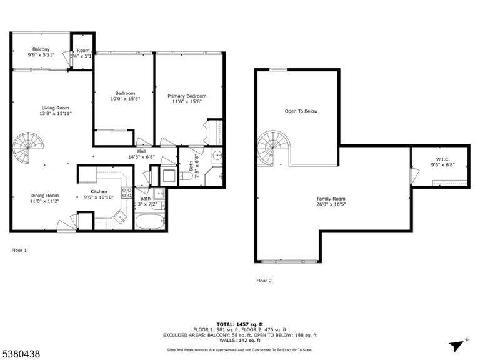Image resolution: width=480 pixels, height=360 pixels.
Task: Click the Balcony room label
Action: tap(41, 49)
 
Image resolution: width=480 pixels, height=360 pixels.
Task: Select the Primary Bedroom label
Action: tap(187, 96)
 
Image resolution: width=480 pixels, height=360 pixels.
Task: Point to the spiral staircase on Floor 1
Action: tap(28, 148)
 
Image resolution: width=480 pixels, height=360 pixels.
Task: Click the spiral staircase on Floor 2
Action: tap(273, 148)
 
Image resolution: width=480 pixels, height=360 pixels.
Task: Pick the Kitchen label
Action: tap(99, 192)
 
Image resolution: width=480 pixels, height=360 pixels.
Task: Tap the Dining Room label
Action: tap(44, 196)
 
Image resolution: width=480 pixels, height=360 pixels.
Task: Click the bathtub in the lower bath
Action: tap(150, 221)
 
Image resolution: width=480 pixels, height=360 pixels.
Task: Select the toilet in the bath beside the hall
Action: tap(186, 176)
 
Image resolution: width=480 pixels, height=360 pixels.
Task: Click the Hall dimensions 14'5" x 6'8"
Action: tap(141, 157)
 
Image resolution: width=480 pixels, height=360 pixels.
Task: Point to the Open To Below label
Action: tap(301, 111)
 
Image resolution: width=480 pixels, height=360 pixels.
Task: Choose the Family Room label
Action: tap(331, 199)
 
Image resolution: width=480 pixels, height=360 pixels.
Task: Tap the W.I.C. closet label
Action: tap(442, 159)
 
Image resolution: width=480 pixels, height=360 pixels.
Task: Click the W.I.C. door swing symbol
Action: tap(415, 176)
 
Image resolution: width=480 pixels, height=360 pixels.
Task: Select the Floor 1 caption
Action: tap(19, 251)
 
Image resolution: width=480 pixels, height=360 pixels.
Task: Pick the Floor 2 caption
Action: tap(264, 281)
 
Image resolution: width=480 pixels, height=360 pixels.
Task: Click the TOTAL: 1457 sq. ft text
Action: tap(240, 324)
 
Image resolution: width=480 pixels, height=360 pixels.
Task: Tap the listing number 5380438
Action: tap(20, 354)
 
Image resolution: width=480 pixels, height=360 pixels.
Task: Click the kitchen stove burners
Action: tap(127, 192)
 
